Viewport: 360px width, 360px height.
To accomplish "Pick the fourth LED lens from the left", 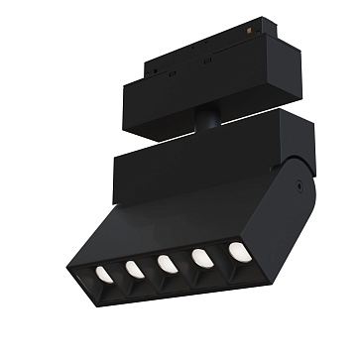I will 202,257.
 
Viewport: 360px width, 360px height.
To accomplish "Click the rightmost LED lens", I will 238,251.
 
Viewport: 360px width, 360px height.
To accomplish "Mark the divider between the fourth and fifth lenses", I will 220,255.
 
